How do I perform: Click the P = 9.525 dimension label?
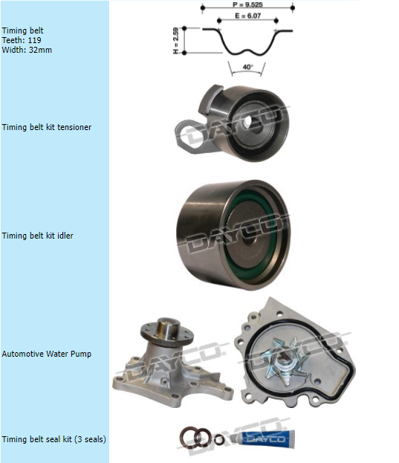247,4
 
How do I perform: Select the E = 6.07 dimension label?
248,16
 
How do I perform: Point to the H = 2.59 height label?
176,41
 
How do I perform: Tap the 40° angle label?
248,67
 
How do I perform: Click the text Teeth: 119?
22,40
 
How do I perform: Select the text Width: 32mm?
27,50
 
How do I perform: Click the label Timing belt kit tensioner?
47,127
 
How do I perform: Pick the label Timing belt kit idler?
37,236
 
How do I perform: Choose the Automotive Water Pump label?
46,354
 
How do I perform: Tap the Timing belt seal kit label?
53,439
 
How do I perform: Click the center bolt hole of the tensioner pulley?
248,122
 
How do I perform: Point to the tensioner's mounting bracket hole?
192,137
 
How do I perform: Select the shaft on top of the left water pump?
168,328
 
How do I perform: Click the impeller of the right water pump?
285,360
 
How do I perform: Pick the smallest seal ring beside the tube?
219,440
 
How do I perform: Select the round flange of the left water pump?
167,332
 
